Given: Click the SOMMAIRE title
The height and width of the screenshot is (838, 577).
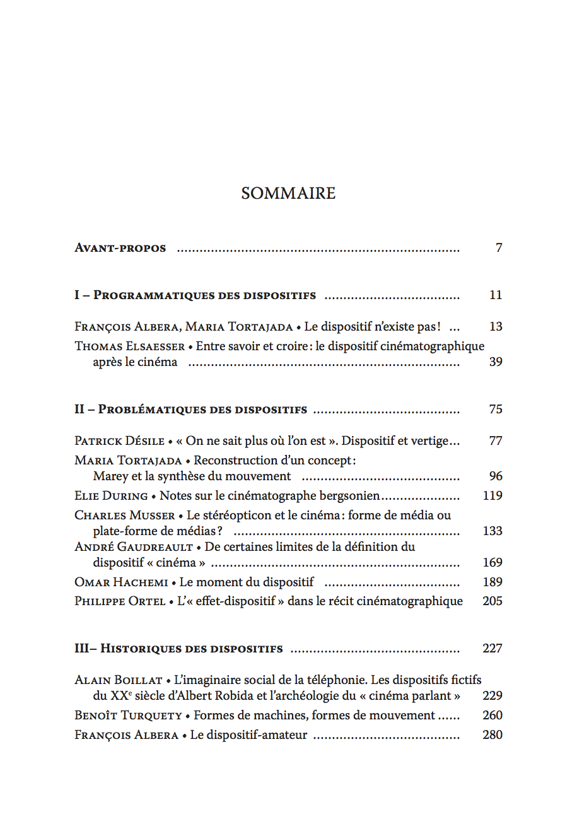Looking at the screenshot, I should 288,193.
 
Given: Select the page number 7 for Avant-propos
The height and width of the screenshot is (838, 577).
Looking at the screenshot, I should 499,248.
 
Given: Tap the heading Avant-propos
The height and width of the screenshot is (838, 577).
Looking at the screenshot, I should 120,248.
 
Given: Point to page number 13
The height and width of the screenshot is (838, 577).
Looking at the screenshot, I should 496,327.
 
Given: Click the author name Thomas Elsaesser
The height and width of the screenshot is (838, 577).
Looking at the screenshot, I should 130,346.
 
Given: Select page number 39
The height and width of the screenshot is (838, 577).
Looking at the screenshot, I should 496,362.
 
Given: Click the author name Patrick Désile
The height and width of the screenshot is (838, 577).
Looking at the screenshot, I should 119,441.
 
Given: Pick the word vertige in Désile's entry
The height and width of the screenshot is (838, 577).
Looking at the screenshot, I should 428,441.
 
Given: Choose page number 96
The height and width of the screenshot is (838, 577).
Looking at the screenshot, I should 496,476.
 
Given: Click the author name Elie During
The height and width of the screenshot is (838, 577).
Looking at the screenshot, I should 111,496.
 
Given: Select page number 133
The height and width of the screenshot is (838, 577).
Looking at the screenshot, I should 492,531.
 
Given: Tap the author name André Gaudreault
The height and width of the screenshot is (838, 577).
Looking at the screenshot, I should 134,547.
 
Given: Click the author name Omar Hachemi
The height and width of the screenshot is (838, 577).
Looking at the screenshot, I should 121,582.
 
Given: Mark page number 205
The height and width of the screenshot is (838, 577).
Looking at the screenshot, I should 492,601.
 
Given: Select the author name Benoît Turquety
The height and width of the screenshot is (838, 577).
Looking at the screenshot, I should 128,716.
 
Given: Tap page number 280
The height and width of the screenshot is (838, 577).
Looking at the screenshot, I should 492,735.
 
